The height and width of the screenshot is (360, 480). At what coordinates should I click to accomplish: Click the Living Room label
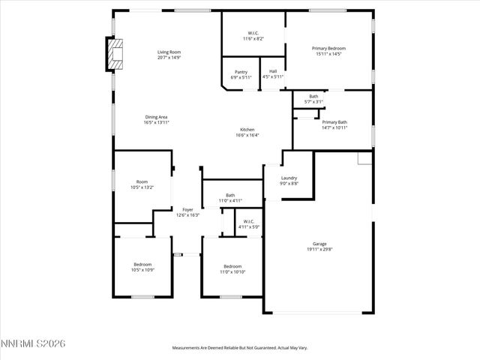pyautogui.click(x=169, y=52)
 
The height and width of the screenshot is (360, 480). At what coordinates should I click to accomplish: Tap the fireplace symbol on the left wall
pyautogui.click(x=115, y=53)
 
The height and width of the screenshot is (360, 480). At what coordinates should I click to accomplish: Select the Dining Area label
pyautogui.click(x=156, y=117)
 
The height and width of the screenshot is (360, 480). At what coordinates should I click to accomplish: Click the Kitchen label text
pyautogui.click(x=247, y=130)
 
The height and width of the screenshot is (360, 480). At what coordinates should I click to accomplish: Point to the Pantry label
pyautogui.click(x=241, y=72)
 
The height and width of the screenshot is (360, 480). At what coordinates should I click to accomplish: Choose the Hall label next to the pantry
pyautogui.click(x=273, y=72)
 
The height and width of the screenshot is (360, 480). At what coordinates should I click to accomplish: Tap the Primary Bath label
pyautogui.click(x=334, y=121)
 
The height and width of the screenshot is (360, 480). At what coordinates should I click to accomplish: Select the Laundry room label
pyautogui.click(x=289, y=178)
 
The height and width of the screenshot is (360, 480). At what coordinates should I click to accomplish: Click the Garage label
pyautogui.click(x=319, y=244)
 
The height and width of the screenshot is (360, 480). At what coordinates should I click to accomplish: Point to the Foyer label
pyautogui.click(x=187, y=210)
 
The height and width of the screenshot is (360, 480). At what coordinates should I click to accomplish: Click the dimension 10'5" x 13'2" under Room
pyautogui.click(x=142, y=187)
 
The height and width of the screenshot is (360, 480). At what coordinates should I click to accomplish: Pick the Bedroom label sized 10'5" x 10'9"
pyautogui.click(x=142, y=264)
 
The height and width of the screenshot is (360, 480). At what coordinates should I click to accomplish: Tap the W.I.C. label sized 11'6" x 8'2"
pyautogui.click(x=253, y=33)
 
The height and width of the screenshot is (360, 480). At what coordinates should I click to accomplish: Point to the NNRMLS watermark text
pyautogui.click(x=34, y=343)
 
